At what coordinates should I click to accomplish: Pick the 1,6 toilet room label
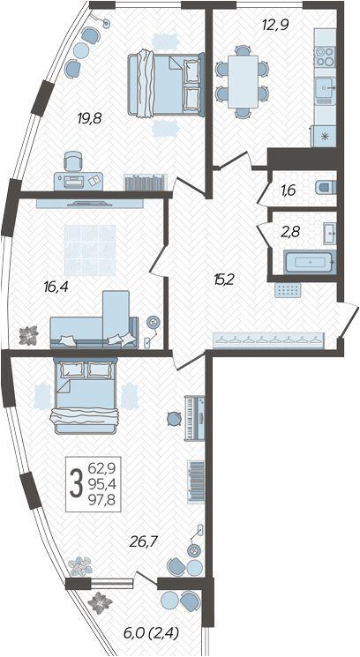coord(289,190)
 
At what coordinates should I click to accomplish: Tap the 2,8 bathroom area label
coord(289,231)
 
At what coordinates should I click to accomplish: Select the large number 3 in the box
coord(76,483)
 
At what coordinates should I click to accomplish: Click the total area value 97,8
coord(103,500)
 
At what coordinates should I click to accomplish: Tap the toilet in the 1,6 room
coord(326,187)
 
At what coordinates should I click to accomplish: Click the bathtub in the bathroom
coord(310,262)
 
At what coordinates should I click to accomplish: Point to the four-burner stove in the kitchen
coord(325,56)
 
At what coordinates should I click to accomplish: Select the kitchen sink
coord(326,88)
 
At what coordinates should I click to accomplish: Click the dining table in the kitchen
coord(243,81)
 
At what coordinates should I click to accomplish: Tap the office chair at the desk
coord(73,162)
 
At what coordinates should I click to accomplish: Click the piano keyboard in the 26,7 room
coord(195,418)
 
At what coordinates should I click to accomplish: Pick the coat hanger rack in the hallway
coord(268,340)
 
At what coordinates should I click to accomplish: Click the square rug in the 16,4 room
coord(90,250)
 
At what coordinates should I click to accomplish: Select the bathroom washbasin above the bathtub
coord(329,233)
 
